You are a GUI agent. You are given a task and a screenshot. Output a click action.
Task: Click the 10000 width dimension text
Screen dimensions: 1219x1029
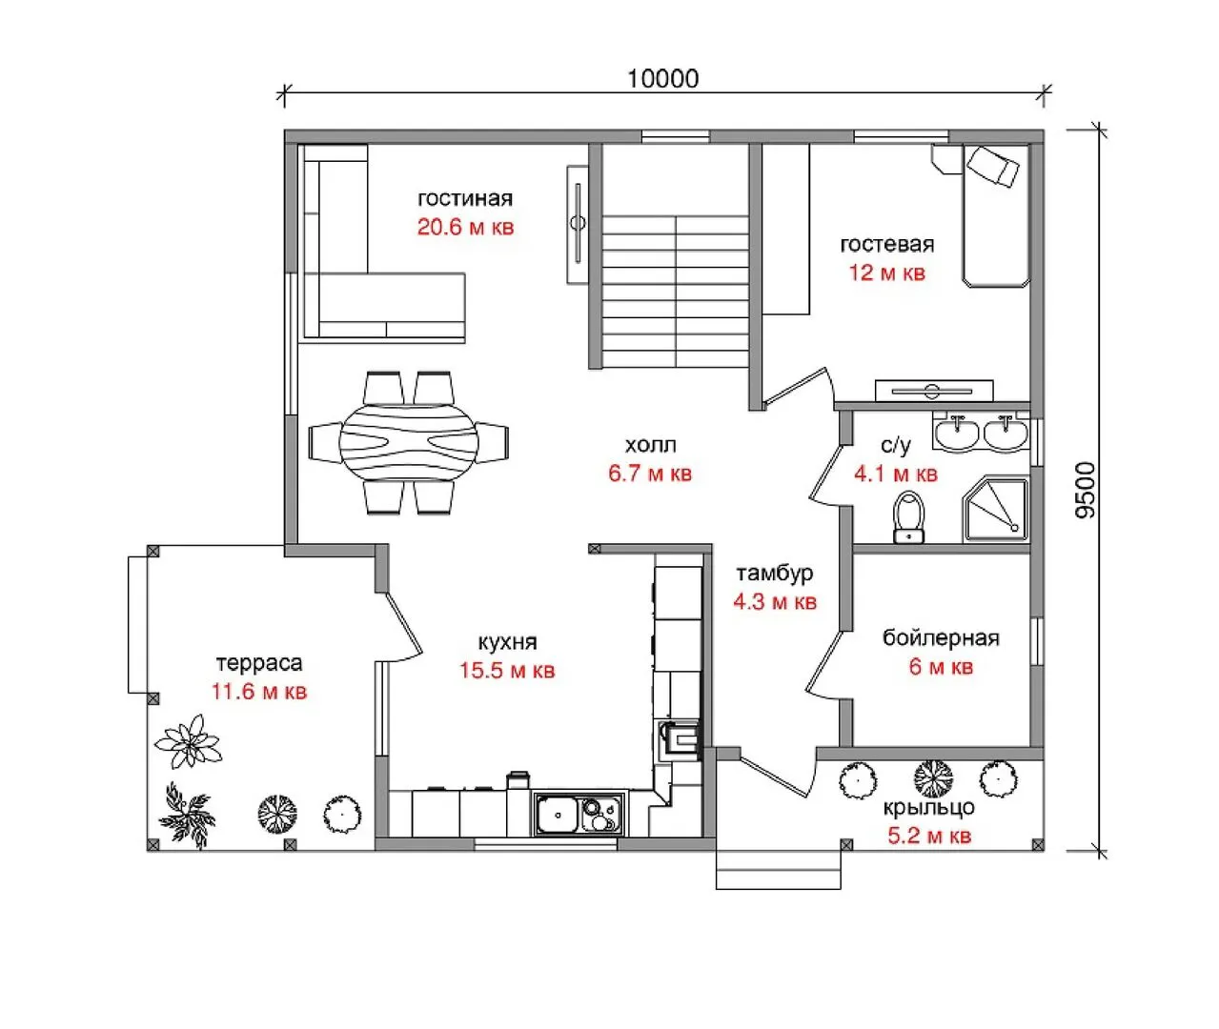[x=662, y=79]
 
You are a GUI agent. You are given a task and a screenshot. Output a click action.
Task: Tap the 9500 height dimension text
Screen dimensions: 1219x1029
[x=1086, y=490]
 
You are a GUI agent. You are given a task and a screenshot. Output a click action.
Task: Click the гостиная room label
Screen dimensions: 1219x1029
[x=465, y=198]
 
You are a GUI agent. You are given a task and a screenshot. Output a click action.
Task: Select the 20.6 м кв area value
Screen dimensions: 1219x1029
[x=465, y=227]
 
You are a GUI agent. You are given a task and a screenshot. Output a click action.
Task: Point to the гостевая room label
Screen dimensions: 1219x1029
[x=886, y=244]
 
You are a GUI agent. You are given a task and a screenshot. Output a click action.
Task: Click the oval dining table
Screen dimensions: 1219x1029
[x=409, y=441]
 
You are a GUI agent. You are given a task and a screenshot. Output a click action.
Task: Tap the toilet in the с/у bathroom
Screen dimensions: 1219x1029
[x=909, y=516]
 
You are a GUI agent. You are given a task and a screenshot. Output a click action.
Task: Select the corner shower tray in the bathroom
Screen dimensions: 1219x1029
[x=995, y=509]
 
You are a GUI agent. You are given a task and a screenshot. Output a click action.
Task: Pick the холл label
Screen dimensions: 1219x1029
[x=650, y=445]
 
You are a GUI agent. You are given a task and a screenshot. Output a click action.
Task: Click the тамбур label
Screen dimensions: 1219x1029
[x=774, y=574]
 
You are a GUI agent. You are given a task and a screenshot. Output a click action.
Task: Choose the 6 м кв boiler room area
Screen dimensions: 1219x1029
[x=941, y=667]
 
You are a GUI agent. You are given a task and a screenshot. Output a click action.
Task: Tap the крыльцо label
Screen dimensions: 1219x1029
[x=929, y=808]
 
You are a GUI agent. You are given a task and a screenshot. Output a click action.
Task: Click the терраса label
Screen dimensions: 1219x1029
[x=259, y=663]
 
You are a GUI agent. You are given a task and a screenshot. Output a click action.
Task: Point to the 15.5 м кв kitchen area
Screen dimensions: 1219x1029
[x=507, y=670]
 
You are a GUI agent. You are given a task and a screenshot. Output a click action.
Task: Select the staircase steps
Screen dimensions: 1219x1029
[x=676, y=292]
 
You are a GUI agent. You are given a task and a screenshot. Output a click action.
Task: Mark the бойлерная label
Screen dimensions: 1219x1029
[x=941, y=638]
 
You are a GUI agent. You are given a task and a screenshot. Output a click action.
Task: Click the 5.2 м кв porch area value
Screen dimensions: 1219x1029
[x=929, y=836]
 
